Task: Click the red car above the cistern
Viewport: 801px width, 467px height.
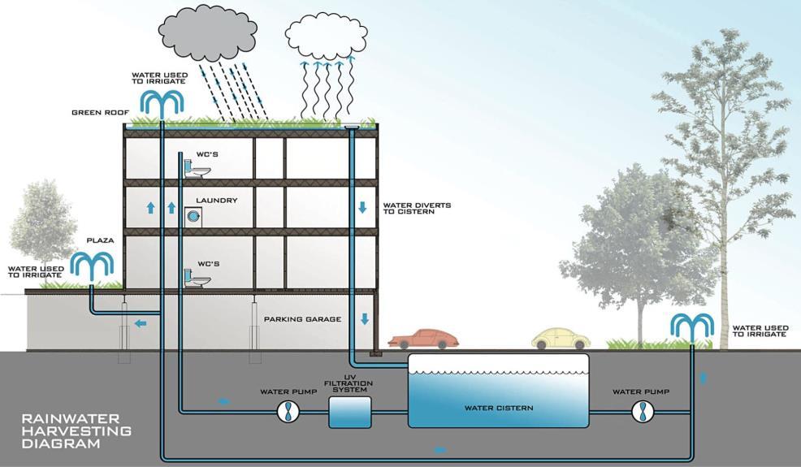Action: point(418,338)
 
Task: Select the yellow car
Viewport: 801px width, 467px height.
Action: point(559,338)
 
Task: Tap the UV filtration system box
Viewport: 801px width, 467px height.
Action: point(349,412)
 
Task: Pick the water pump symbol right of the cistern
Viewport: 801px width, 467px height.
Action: point(642,412)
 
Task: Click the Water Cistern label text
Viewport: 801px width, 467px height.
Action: point(498,408)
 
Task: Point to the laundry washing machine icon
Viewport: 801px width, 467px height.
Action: point(193,216)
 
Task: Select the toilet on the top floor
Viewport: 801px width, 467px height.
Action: point(196,168)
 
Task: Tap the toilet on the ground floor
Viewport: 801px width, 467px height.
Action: point(196,278)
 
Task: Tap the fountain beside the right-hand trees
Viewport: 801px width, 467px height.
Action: point(692,326)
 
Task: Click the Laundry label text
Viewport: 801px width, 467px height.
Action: point(216,200)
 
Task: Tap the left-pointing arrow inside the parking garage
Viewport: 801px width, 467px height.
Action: point(141,323)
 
